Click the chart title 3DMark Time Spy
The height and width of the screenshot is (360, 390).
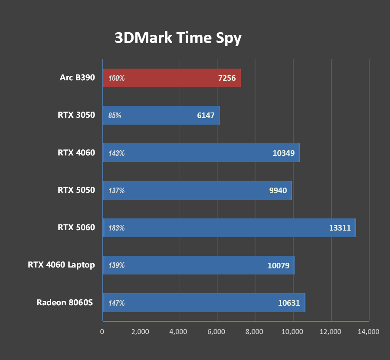pos(178,38)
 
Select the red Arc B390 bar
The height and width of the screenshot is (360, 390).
pos(171,78)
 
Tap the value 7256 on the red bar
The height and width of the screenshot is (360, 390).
pos(227,78)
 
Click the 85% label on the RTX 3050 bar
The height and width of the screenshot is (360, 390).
pos(115,116)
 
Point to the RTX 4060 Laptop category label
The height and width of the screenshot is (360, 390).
pos(61,265)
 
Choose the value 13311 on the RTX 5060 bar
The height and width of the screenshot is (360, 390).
pos(340,228)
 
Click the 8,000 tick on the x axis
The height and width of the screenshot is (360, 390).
pos(254,332)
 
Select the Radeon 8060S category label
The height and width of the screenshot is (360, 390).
pos(65,302)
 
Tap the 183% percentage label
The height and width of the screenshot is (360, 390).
pos(117,228)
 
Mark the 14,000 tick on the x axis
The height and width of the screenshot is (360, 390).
pos(368,332)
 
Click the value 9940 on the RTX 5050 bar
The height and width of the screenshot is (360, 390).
pos(278,191)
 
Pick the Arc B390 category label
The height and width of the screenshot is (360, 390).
pos(77,78)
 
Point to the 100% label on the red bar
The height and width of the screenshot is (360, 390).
pos(117,78)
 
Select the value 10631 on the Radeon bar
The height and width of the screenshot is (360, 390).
pos(289,303)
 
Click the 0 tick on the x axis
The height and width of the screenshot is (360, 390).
pos(102,332)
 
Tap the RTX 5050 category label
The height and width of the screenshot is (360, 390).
pos(76,190)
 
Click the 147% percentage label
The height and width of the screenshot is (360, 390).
pos(117,303)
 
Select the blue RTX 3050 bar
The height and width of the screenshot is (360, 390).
pos(161,116)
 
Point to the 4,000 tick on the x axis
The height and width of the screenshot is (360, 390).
pos(178,332)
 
